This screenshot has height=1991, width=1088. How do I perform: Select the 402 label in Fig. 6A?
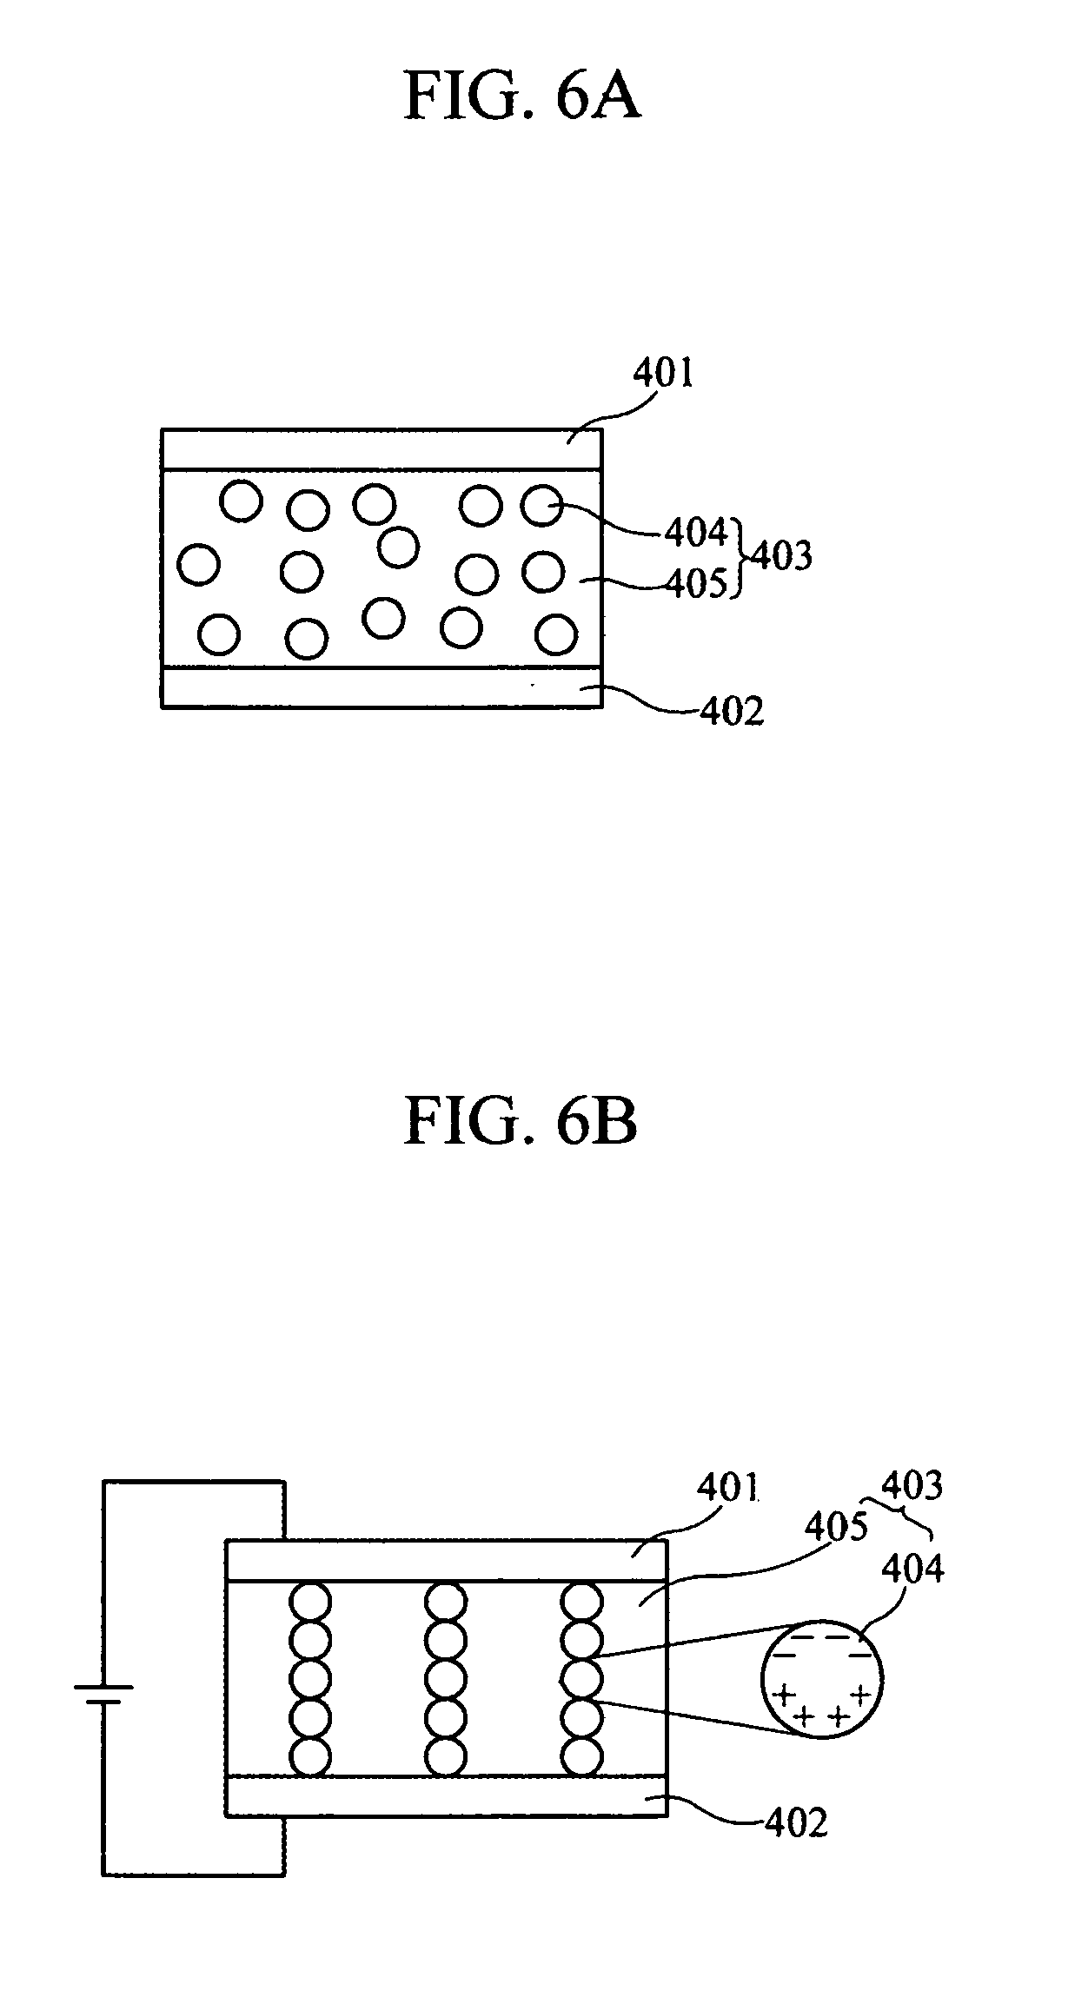(x=732, y=711)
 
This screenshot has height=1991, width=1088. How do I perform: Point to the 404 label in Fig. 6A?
(x=696, y=533)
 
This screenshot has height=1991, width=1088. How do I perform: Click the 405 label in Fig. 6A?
(x=696, y=585)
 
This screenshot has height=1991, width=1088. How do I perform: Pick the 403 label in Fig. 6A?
(x=781, y=555)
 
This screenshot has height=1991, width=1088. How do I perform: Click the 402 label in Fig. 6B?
(x=796, y=1822)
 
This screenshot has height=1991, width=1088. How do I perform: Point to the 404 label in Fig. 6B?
(x=912, y=1570)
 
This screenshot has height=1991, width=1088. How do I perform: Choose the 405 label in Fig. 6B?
(x=836, y=1527)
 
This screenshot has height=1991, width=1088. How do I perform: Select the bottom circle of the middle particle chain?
(x=447, y=1755)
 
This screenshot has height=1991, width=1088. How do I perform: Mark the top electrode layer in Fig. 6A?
(x=381, y=448)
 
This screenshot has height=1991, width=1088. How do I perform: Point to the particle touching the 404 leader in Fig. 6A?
(x=542, y=505)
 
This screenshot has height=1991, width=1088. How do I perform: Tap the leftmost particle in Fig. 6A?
(x=198, y=565)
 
